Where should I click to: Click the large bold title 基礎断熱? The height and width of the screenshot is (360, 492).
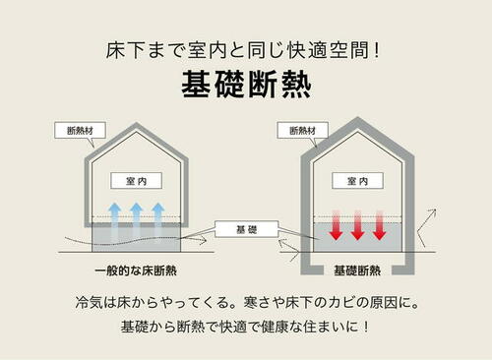pyautogui.click(x=246, y=85)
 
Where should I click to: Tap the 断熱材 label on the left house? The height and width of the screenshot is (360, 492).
pyautogui.click(x=80, y=131)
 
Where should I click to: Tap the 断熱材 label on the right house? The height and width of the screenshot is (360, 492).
pyautogui.click(x=302, y=131)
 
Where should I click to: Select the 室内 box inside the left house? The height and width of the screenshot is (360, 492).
pyautogui.click(x=137, y=181)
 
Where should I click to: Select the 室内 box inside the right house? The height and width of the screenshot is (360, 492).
pyautogui.click(x=357, y=181)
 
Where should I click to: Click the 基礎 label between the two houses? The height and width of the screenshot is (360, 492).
pyautogui.click(x=247, y=229)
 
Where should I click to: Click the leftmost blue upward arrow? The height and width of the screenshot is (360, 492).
pyautogui.click(x=115, y=218)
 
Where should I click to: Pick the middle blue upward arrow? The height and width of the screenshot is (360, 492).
pyautogui.click(x=137, y=218)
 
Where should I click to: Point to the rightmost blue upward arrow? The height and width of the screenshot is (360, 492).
pyautogui.click(x=158, y=218)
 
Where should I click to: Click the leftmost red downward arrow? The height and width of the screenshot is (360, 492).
pyautogui.click(x=337, y=225)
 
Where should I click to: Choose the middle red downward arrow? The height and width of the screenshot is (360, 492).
pyautogui.click(x=357, y=225)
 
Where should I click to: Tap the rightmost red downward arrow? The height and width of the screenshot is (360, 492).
pyautogui.click(x=380, y=225)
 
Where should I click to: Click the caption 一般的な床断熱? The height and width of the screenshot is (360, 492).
pyautogui.click(x=136, y=270)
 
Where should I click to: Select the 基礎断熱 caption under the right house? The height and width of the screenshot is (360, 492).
pyautogui.click(x=357, y=270)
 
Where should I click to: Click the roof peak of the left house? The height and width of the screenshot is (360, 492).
pyautogui.click(x=137, y=124)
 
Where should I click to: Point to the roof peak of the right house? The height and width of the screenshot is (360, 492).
pyautogui.click(x=357, y=118)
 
